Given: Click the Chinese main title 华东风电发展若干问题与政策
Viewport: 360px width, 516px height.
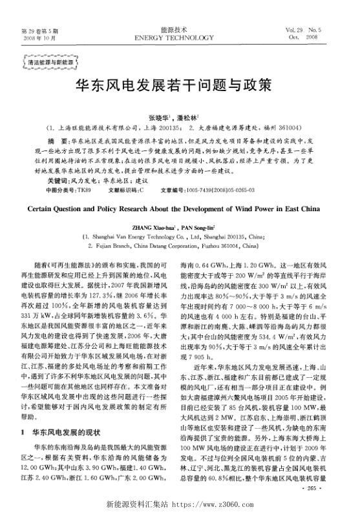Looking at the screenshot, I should point(179,85).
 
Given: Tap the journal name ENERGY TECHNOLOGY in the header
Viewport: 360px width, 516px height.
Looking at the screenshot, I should point(180,37).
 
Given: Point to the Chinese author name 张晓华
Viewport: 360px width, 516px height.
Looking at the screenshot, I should point(158,118).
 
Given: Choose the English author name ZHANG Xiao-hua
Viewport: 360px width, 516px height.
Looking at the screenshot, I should point(158,227).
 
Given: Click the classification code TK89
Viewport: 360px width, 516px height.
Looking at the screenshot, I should point(85,192).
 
